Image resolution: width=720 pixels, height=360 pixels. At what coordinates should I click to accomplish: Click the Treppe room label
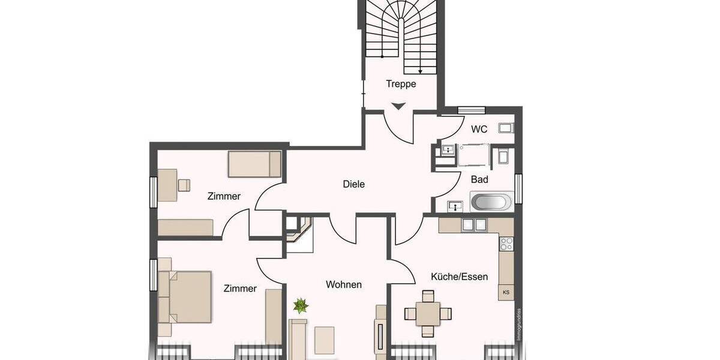click(x=401, y=85)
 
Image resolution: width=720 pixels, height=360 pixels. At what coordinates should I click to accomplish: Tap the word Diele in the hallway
click(x=353, y=184)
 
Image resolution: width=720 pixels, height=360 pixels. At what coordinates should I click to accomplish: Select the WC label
click(x=479, y=129)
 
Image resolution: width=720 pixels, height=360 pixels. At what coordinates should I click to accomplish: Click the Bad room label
click(x=479, y=179)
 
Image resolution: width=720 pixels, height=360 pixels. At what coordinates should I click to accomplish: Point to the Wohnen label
click(x=343, y=284)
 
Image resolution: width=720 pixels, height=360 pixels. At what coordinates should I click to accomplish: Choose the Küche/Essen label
click(x=459, y=277)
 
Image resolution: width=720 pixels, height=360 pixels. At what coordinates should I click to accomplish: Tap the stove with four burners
click(x=506, y=244)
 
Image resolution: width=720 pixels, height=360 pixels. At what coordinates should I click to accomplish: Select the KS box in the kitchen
click(x=506, y=292)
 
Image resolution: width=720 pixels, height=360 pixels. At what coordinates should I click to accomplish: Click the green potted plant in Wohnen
click(x=301, y=307)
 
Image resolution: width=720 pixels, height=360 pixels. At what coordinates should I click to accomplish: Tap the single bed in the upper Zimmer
click(x=254, y=164)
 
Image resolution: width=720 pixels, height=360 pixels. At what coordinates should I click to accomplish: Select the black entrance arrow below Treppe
click(x=399, y=106)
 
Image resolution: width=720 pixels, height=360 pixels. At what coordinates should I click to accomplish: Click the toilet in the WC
click(x=506, y=127)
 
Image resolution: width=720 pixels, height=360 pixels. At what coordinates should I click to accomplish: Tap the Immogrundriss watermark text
click(x=518, y=324)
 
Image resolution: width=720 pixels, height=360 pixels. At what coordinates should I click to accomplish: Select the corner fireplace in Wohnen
click(x=298, y=227)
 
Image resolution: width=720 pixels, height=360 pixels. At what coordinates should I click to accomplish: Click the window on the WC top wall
click(x=471, y=110)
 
